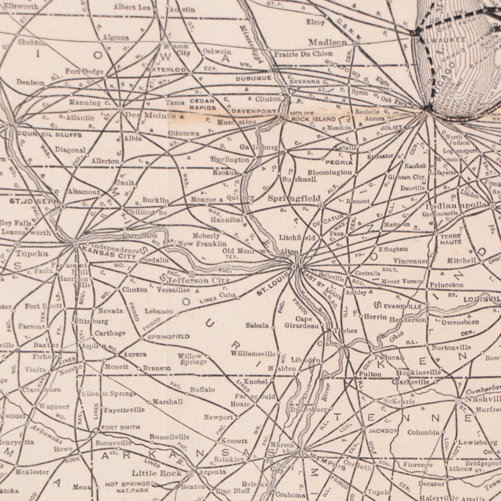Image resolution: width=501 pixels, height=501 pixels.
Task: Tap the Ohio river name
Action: pyautogui.click(x=396, y=336)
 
